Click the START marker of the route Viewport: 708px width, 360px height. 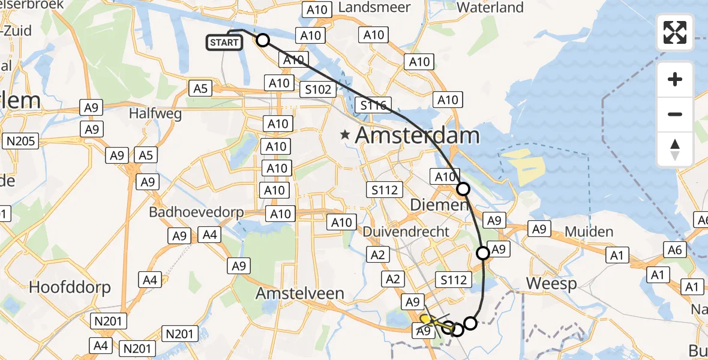tap(225, 43)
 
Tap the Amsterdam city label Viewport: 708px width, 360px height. tap(418, 135)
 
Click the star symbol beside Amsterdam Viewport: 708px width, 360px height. tap(345, 135)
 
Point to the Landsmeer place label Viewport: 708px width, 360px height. tap(374, 7)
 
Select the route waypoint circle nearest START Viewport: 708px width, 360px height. tap(263, 41)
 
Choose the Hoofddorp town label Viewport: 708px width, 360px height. tap(70, 287)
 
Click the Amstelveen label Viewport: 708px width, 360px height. tap(300, 293)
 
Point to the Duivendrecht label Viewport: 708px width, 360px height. tap(406, 232)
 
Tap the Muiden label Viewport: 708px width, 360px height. tap(589, 232)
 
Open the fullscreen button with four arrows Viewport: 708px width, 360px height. tap(675, 32)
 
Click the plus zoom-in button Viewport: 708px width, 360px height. tap(675, 79)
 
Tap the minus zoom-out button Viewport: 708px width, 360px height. tap(675, 114)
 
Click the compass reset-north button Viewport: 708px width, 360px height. tap(675, 149)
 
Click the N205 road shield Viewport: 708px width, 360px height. tap(20, 142)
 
